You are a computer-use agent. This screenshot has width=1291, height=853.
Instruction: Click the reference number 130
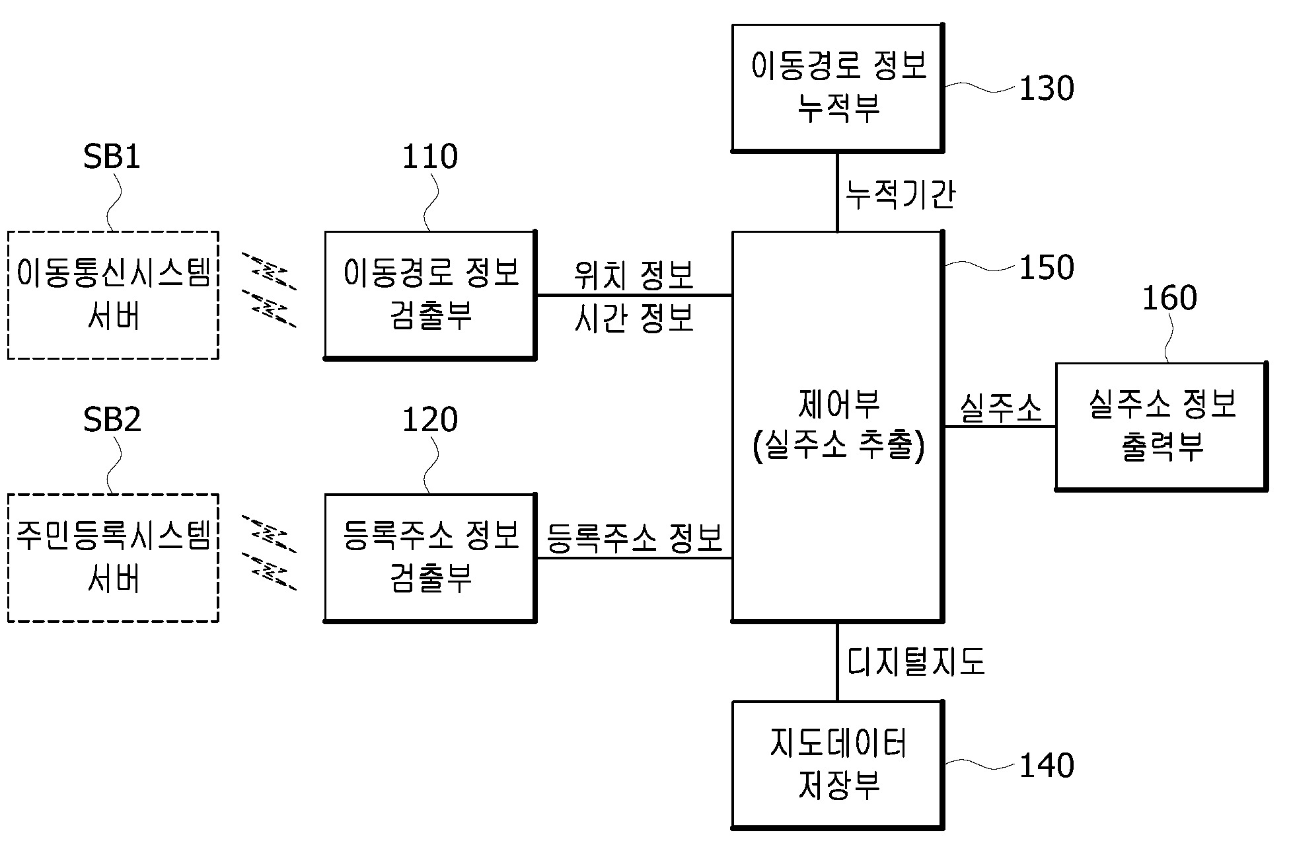[x=1047, y=89]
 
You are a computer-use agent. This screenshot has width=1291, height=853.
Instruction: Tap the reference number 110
[x=429, y=157]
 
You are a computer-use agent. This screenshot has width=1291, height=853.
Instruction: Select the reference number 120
[x=429, y=420]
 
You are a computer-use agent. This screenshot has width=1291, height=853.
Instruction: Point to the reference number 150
[x=1047, y=268]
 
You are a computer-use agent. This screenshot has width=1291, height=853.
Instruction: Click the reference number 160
[x=1169, y=298]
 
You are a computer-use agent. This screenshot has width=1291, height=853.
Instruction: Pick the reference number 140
[x=1047, y=766]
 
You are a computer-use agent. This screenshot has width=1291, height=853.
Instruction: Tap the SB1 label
[x=112, y=157]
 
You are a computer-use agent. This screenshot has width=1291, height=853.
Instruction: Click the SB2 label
[x=112, y=420]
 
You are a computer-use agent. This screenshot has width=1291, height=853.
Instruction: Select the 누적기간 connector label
[x=900, y=195]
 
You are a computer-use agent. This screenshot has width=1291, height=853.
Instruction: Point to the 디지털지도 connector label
[x=916, y=661]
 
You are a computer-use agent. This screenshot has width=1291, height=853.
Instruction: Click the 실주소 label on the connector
[x=1000, y=408]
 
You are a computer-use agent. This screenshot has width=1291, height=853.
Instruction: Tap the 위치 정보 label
[x=634, y=275]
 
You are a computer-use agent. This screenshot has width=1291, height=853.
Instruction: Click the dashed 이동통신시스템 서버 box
[x=113, y=295]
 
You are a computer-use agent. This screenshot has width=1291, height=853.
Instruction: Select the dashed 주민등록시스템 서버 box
[x=113, y=557]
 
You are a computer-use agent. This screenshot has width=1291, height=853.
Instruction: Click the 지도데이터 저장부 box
[x=837, y=764]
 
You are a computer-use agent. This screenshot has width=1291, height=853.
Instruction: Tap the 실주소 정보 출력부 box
[x=1161, y=426]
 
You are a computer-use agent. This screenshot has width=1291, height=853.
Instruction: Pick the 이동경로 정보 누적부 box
[x=837, y=87]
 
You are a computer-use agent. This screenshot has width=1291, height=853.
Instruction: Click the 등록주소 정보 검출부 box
[x=430, y=557]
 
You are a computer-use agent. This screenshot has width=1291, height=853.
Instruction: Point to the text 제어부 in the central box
[x=838, y=405]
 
